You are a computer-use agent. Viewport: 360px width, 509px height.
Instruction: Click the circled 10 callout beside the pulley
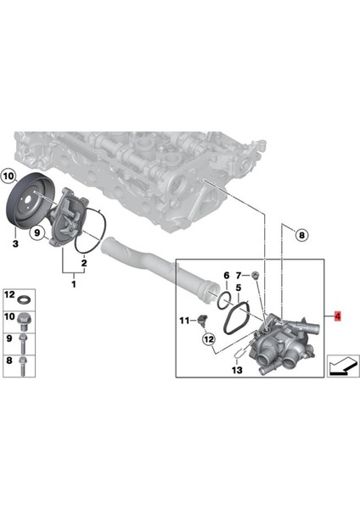[x=9, y=176]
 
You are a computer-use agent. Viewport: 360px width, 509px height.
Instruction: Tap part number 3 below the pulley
[x=14, y=244]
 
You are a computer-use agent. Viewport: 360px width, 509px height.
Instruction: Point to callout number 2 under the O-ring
[x=83, y=264]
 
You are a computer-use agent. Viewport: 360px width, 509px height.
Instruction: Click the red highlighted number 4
[x=339, y=317]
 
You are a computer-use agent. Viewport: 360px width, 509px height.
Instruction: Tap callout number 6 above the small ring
[x=226, y=276]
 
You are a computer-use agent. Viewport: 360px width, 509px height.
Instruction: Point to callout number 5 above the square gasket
[x=239, y=288]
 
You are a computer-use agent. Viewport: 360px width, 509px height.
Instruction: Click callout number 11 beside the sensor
[x=183, y=319]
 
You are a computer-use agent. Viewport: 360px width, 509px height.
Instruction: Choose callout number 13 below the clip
[x=237, y=371]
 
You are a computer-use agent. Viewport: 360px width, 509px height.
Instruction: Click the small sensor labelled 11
[x=203, y=322]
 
